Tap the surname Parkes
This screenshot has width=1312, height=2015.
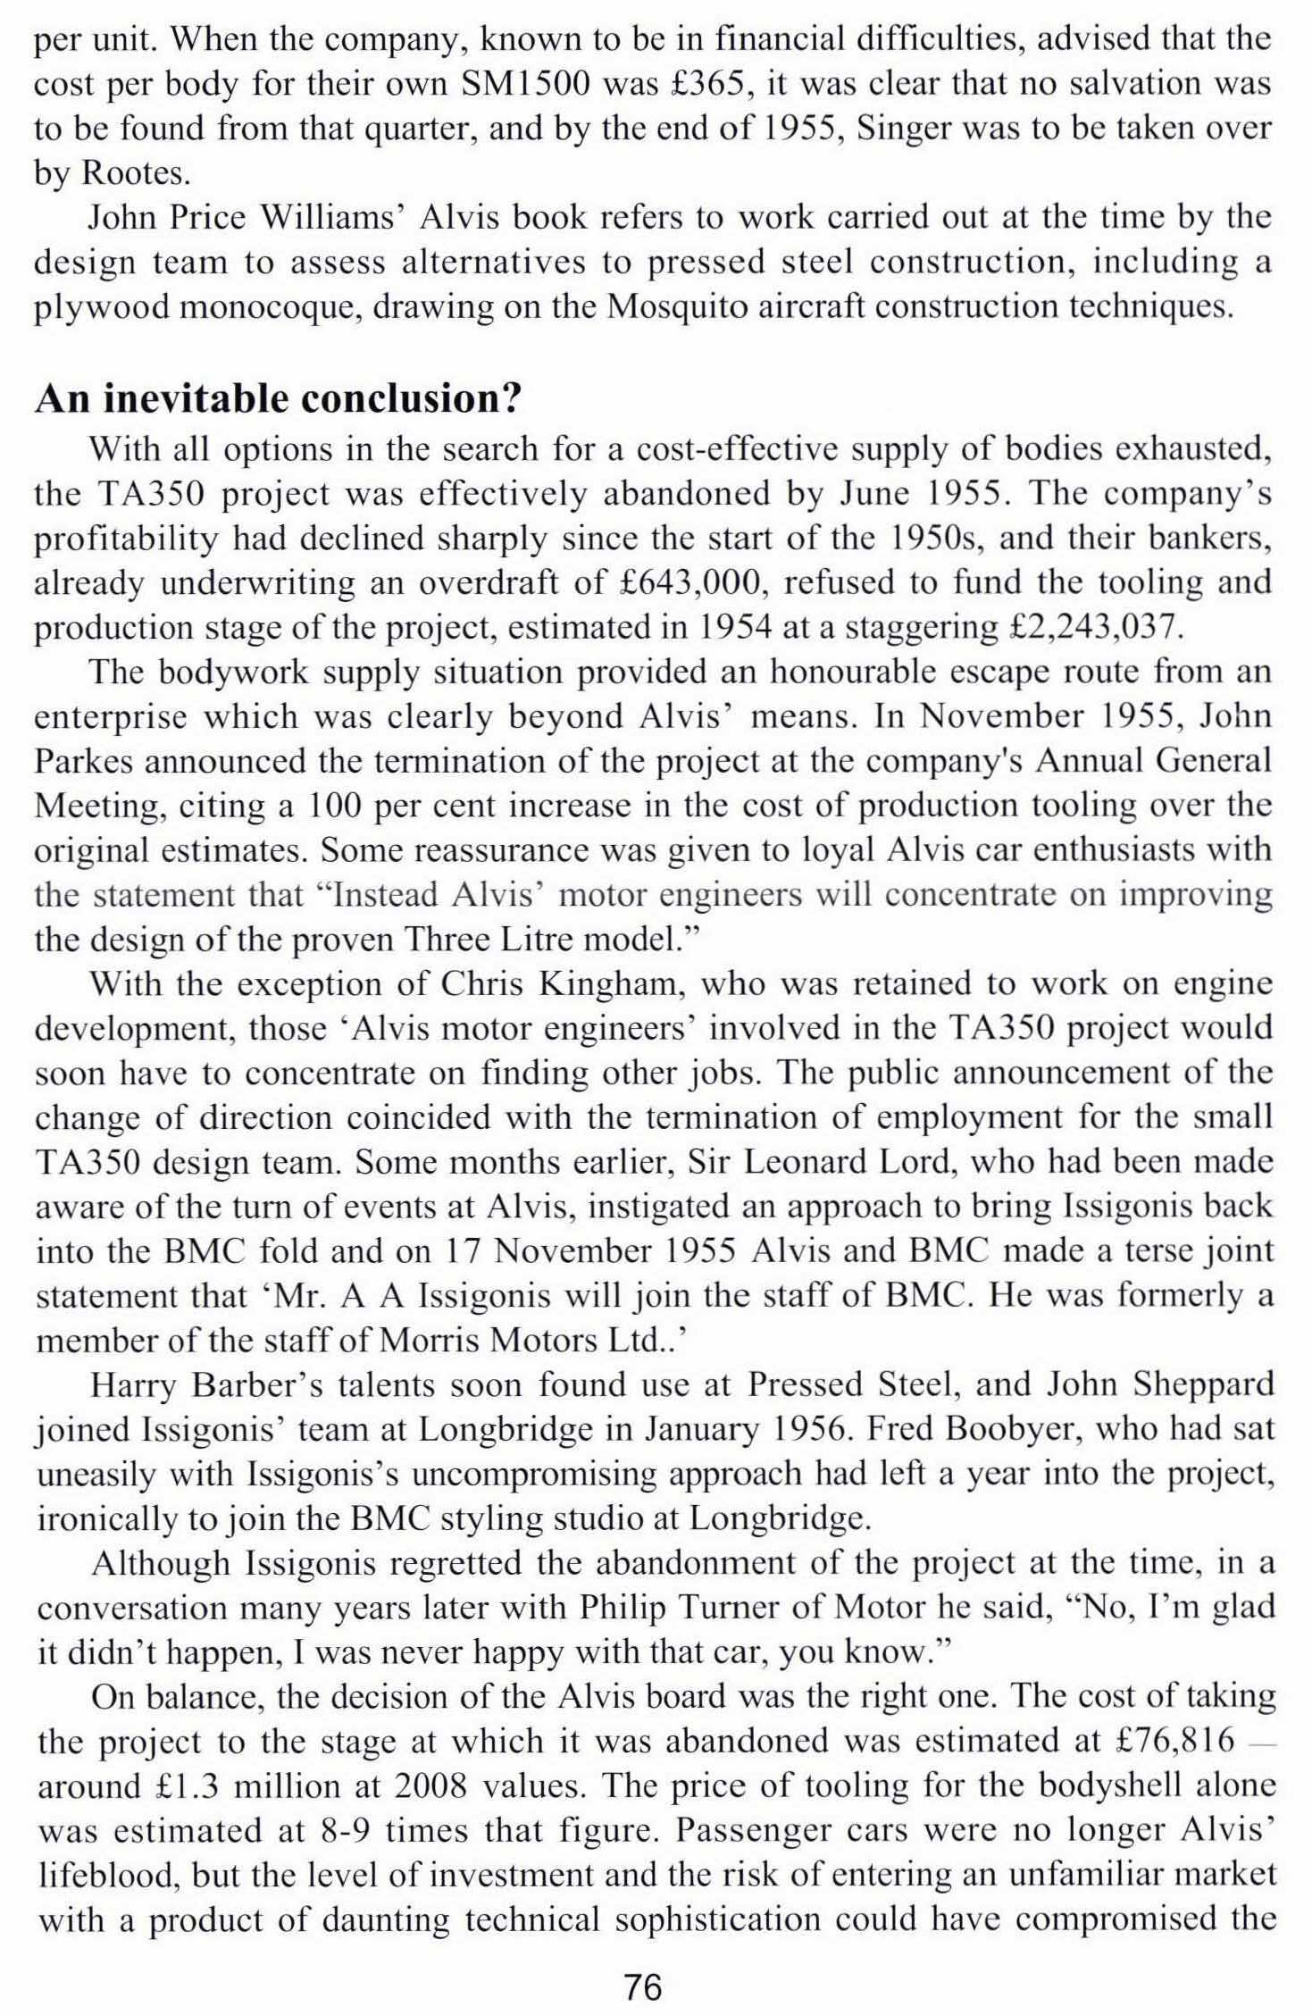[83, 761]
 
